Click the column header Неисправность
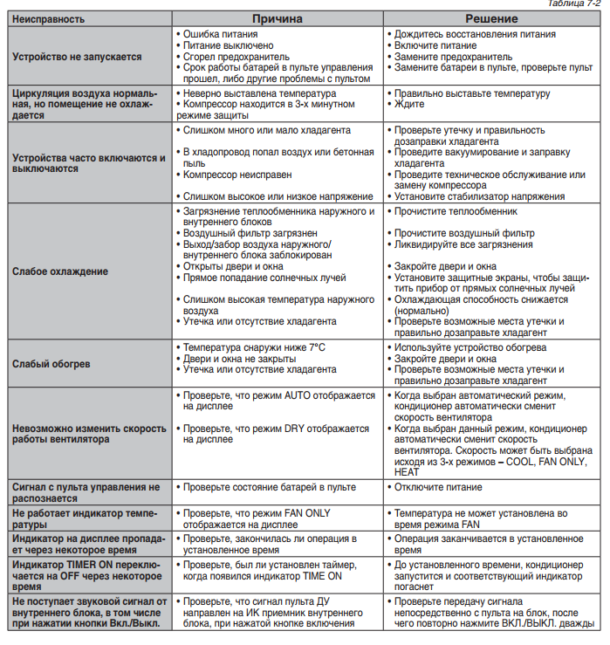coord(50,18)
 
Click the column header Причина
coord(278,18)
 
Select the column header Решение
coord(492,18)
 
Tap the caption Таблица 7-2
coord(577,4)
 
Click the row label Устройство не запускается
coord(78,56)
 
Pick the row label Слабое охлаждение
coord(60,271)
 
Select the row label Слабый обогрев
coord(52,363)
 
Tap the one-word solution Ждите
coord(409,104)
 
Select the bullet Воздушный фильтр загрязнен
coord(250,233)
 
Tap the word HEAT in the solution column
coord(408,470)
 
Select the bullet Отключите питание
coord(440,486)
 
